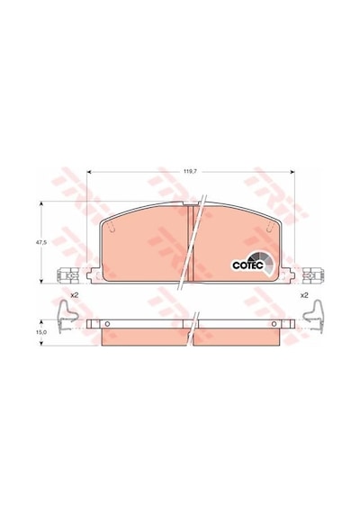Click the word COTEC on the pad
coord(247,265)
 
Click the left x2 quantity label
coord(75,295)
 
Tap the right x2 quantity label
coord(304,295)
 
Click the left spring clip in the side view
coord(67,317)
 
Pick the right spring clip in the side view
coord(313,317)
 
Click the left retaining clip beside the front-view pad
coord(68,275)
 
